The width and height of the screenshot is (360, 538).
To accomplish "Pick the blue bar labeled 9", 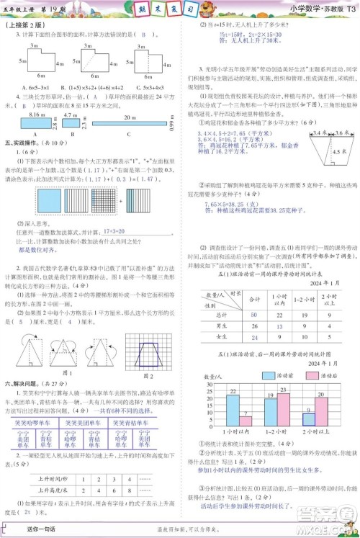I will [309, 424].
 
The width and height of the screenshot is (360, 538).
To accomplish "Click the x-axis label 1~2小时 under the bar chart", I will [277, 440].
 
